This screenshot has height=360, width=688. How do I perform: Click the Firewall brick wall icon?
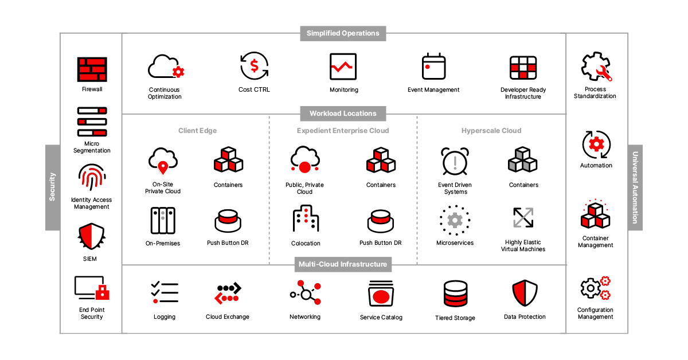tap(92, 69)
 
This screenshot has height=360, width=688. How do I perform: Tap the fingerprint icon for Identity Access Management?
tap(92, 178)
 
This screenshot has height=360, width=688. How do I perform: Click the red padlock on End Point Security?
tap(103, 292)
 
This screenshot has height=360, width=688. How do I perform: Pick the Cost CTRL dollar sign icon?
tap(254, 66)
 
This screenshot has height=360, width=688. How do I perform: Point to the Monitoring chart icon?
tap(343, 66)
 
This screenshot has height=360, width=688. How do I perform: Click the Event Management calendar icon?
tap(433, 66)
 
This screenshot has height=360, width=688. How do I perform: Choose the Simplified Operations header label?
tap(343, 33)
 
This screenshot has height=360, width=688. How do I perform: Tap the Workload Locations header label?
tap(343, 114)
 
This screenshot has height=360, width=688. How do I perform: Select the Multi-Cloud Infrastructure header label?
tap(343, 264)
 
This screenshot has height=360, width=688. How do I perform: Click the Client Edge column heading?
tap(197, 131)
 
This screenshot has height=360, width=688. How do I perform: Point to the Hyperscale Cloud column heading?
tap(491, 131)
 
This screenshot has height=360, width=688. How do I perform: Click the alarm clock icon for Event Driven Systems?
tap(455, 161)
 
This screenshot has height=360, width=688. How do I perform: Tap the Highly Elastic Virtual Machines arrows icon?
tap(523, 218)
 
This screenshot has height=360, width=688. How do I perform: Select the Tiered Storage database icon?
tap(455, 294)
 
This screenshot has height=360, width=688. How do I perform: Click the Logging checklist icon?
tap(165, 292)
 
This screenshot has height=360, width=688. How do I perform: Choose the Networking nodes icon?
tap(305, 293)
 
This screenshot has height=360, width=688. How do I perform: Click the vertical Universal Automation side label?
tap(635, 187)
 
